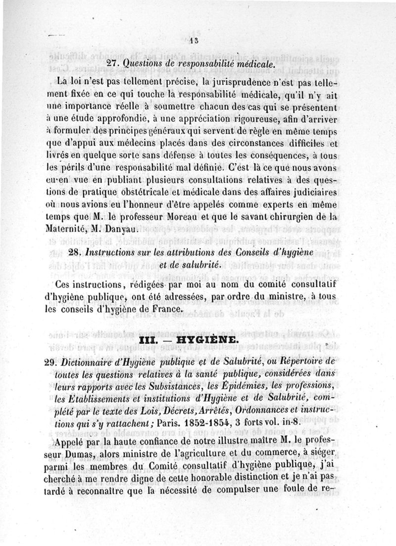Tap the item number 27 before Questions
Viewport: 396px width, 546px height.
point(114,63)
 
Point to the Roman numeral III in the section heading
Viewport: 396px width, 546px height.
point(149,341)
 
